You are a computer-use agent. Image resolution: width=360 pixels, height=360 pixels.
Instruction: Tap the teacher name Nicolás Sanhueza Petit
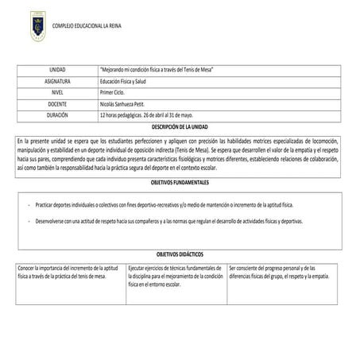131,104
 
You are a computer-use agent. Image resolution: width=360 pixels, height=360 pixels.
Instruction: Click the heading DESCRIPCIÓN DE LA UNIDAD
180,126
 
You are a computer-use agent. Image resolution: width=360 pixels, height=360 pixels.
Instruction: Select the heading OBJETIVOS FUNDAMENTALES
180,182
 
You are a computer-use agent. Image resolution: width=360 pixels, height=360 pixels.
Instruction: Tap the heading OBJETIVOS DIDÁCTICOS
180,250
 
